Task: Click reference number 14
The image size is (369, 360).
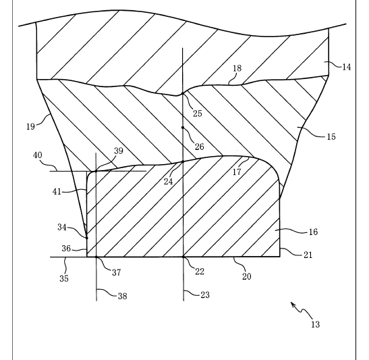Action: pos(346,67)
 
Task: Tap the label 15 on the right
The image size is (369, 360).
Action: pos(331,136)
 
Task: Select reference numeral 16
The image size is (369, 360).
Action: pos(313,232)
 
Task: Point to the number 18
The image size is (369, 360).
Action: pos(237,68)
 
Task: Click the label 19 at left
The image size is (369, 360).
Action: pos(30,126)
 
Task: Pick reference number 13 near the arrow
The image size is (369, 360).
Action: pos(315,325)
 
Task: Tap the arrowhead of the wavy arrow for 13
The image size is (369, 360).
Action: pos(293,304)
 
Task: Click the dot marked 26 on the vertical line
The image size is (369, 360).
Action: pos(183,128)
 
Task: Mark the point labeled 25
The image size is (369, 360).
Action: pos(183,93)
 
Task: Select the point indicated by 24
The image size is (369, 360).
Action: pos(183,161)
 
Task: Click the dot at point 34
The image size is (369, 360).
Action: pos(87,238)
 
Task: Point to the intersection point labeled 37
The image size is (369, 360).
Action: pos(96,257)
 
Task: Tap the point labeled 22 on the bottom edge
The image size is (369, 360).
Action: pos(183,257)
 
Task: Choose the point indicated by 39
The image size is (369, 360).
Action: pos(96,171)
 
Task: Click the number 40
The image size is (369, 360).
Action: pos(37,155)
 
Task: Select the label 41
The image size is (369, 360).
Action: pos(57,192)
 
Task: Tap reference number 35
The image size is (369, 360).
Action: pos(64,278)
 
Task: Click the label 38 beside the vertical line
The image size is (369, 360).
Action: pos(122,296)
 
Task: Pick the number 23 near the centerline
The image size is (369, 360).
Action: pos(205,294)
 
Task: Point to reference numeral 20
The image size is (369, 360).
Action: pos(247,276)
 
